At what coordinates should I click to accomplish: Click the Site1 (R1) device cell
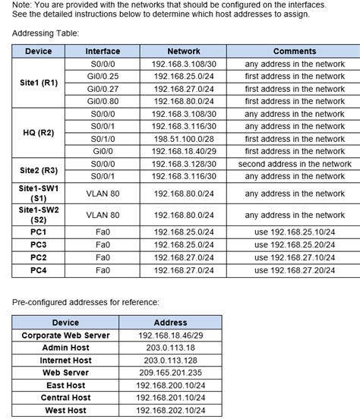39,83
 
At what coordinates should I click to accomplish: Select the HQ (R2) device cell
39,132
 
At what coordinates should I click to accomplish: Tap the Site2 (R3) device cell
39,170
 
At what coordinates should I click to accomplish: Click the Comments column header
295,51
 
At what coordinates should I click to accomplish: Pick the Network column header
184,51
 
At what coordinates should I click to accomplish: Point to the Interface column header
103,51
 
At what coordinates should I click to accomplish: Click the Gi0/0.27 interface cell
103,89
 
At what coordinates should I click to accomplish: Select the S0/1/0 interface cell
103,139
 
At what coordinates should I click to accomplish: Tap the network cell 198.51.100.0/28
184,139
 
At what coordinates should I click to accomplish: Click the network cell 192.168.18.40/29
184,151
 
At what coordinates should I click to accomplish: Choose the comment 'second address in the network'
295,164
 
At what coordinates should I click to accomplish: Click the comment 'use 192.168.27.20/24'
295,270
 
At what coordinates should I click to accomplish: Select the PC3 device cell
39,244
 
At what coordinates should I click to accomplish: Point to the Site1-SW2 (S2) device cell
39,215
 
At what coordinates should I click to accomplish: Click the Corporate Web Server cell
65,335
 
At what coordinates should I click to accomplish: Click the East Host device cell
65,385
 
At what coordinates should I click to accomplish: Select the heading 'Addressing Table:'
46,33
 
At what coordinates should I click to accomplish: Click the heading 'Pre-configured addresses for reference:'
85,302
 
